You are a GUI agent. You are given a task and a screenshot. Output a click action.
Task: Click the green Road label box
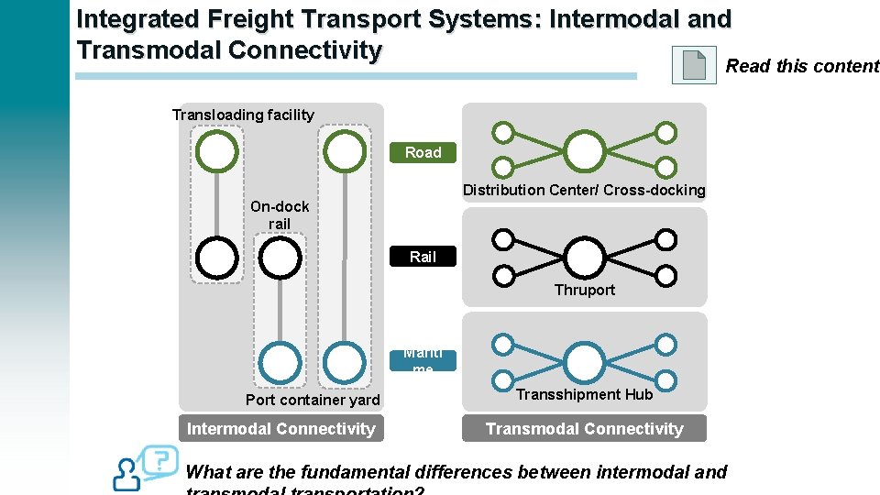point(423,152)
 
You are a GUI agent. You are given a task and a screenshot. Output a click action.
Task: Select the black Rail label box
point(423,257)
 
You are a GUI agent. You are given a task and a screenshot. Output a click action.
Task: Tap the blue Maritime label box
point(423,360)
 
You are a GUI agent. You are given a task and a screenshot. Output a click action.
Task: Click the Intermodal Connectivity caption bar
point(280,428)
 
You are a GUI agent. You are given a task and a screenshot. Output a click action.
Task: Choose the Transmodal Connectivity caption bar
point(584,428)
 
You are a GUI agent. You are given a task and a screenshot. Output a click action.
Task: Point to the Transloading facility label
point(243,115)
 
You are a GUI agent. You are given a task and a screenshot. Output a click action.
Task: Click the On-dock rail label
point(280,214)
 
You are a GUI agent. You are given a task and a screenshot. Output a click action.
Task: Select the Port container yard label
point(313,400)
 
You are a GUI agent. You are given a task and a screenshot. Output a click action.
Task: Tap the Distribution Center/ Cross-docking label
point(584,190)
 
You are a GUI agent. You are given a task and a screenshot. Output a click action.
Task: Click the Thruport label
point(584,290)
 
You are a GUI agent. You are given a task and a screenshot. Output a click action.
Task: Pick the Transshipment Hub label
point(584,394)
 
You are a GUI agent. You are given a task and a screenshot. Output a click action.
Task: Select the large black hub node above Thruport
point(584,257)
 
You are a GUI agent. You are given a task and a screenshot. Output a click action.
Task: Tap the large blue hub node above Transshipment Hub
point(584,361)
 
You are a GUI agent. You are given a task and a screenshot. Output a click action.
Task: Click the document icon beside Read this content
point(694,65)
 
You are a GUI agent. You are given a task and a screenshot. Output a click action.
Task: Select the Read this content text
point(802,65)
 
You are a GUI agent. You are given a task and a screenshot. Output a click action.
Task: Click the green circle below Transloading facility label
point(218,151)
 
